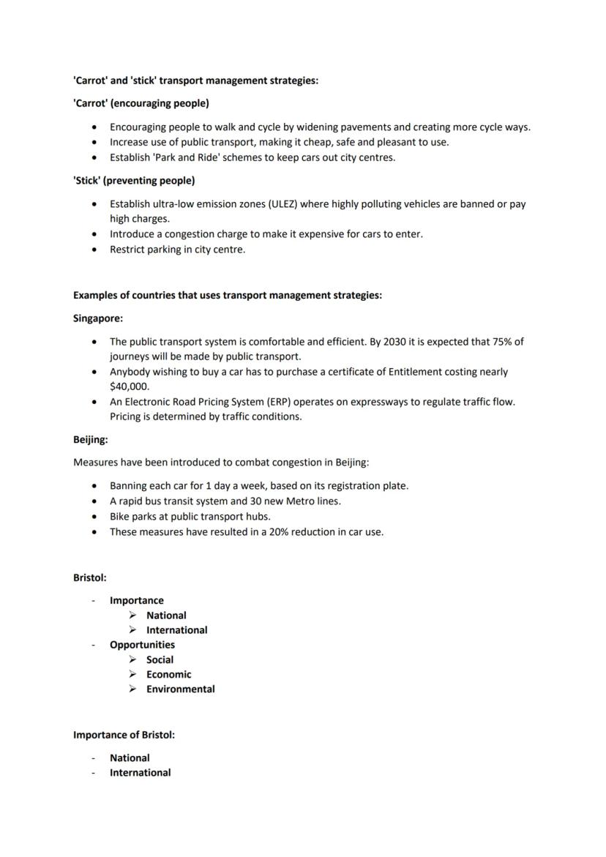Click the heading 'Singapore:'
click(x=98, y=318)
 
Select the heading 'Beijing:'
click(x=91, y=440)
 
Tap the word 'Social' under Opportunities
click(x=160, y=659)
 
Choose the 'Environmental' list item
click(x=180, y=689)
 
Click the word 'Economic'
click(x=168, y=674)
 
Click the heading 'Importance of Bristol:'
click(x=124, y=734)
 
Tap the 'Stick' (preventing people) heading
click(x=133, y=180)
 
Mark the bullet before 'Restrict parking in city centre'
click(x=94, y=250)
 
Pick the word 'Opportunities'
click(x=142, y=645)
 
